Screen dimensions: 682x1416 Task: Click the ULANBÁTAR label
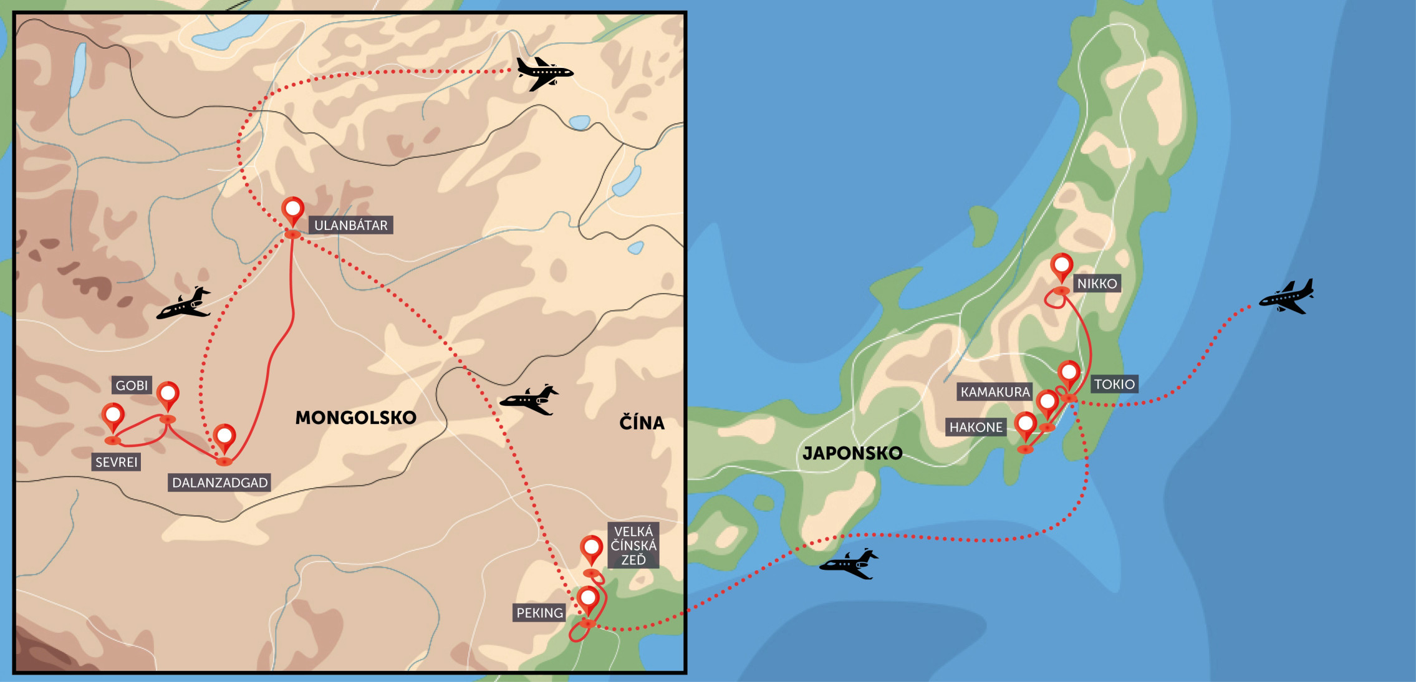[350, 225]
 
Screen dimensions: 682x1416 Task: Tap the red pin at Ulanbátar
[293, 210]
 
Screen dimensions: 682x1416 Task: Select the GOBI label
[132, 385]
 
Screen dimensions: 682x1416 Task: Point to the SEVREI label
[116, 462]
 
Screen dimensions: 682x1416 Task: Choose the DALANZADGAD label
[219, 483]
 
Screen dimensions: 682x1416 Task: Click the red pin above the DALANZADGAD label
[224, 436]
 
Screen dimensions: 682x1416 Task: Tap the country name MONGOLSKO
[355, 418]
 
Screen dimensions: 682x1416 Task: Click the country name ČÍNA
[642, 423]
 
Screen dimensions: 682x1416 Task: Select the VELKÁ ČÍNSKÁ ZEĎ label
[633, 545]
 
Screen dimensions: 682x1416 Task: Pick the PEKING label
[539, 613]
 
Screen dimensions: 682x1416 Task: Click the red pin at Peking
[588, 599]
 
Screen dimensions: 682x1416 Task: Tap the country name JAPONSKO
[852, 453]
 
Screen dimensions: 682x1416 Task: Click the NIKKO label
[1097, 284]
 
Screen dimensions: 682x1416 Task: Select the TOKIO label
[1114, 384]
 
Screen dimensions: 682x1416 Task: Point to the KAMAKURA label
[995, 392]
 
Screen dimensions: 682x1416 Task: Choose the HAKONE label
[976, 427]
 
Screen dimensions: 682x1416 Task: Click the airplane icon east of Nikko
[1287, 297]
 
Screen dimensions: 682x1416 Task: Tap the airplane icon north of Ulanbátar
[544, 74]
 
